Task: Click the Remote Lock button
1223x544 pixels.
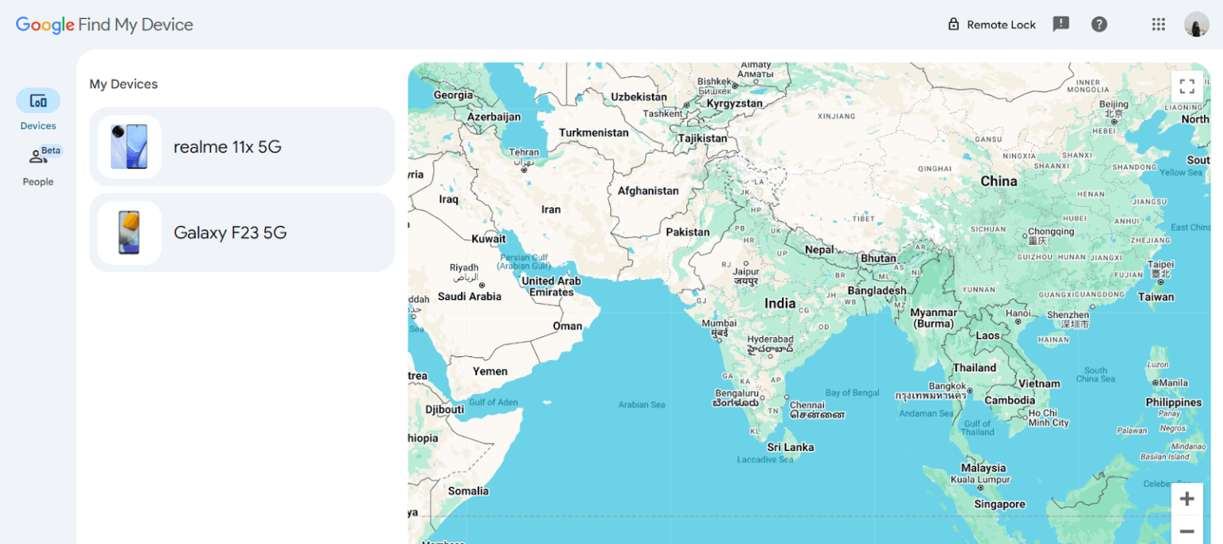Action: pyautogui.click(x=991, y=25)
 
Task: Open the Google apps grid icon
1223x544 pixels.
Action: pyautogui.click(x=1159, y=25)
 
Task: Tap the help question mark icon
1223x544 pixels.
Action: pyautogui.click(x=1100, y=25)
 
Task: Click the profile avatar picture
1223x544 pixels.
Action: pyautogui.click(x=1196, y=25)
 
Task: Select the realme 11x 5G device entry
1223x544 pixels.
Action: pyautogui.click(x=242, y=147)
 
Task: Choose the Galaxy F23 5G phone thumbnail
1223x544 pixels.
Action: pyautogui.click(x=129, y=232)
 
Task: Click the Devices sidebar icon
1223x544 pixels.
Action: pyautogui.click(x=38, y=101)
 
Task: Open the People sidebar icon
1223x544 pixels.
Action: pyautogui.click(x=38, y=157)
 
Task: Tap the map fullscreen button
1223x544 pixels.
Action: pyautogui.click(x=1186, y=87)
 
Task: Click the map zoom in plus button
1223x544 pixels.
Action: pyautogui.click(x=1186, y=499)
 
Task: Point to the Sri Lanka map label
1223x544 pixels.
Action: pyautogui.click(x=790, y=447)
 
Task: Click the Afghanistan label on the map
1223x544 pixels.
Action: pyautogui.click(x=648, y=191)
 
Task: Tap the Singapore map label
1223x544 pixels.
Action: pyautogui.click(x=999, y=504)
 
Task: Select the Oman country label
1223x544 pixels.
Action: pyautogui.click(x=567, y=326)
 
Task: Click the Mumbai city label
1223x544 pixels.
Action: pyautogui.click(x=719, y=324)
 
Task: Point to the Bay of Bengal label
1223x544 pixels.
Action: pyautogui.click(x=852, y=393)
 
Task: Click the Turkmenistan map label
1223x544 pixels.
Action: pyautogui.click(x=593, y=133)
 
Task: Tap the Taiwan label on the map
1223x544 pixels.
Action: pyautogui.click(x=1155, y=297)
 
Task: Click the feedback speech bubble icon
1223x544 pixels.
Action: pyautogui.click(x=1061, y=25)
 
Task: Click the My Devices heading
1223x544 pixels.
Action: pyautogui.click(x=123, y=84)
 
